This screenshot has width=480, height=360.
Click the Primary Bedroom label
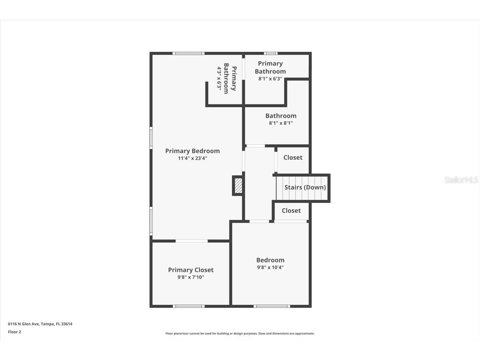[192, 151]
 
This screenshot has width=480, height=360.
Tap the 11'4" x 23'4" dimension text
[192, 158]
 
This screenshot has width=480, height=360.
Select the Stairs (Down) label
[305, 187]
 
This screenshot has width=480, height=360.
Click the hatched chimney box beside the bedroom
[238, 186]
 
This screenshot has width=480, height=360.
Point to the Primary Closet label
[190, 270]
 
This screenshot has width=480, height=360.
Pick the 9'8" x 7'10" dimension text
[190, 277]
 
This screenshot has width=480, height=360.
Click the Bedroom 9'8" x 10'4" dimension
[270, 267]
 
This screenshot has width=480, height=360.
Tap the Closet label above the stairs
[292, 157]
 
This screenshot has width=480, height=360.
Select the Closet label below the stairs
[291, 210]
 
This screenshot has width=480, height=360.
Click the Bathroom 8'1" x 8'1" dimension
[280, 123]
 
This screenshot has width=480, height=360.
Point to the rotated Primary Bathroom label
[230, 78]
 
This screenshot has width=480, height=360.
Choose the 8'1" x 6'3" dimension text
[270, 79]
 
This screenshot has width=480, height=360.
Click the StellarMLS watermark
[461, 180]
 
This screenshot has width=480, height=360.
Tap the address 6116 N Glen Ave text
[40, 324]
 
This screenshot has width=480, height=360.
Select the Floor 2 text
[15, 332]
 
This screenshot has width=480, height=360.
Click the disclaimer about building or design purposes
[240, 333]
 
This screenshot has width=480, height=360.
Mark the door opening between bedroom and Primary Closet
[192, 241]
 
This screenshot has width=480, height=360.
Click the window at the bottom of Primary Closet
[189, 306]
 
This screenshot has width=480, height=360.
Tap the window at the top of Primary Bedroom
[189, 53]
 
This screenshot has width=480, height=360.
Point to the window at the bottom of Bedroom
[271, 306]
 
